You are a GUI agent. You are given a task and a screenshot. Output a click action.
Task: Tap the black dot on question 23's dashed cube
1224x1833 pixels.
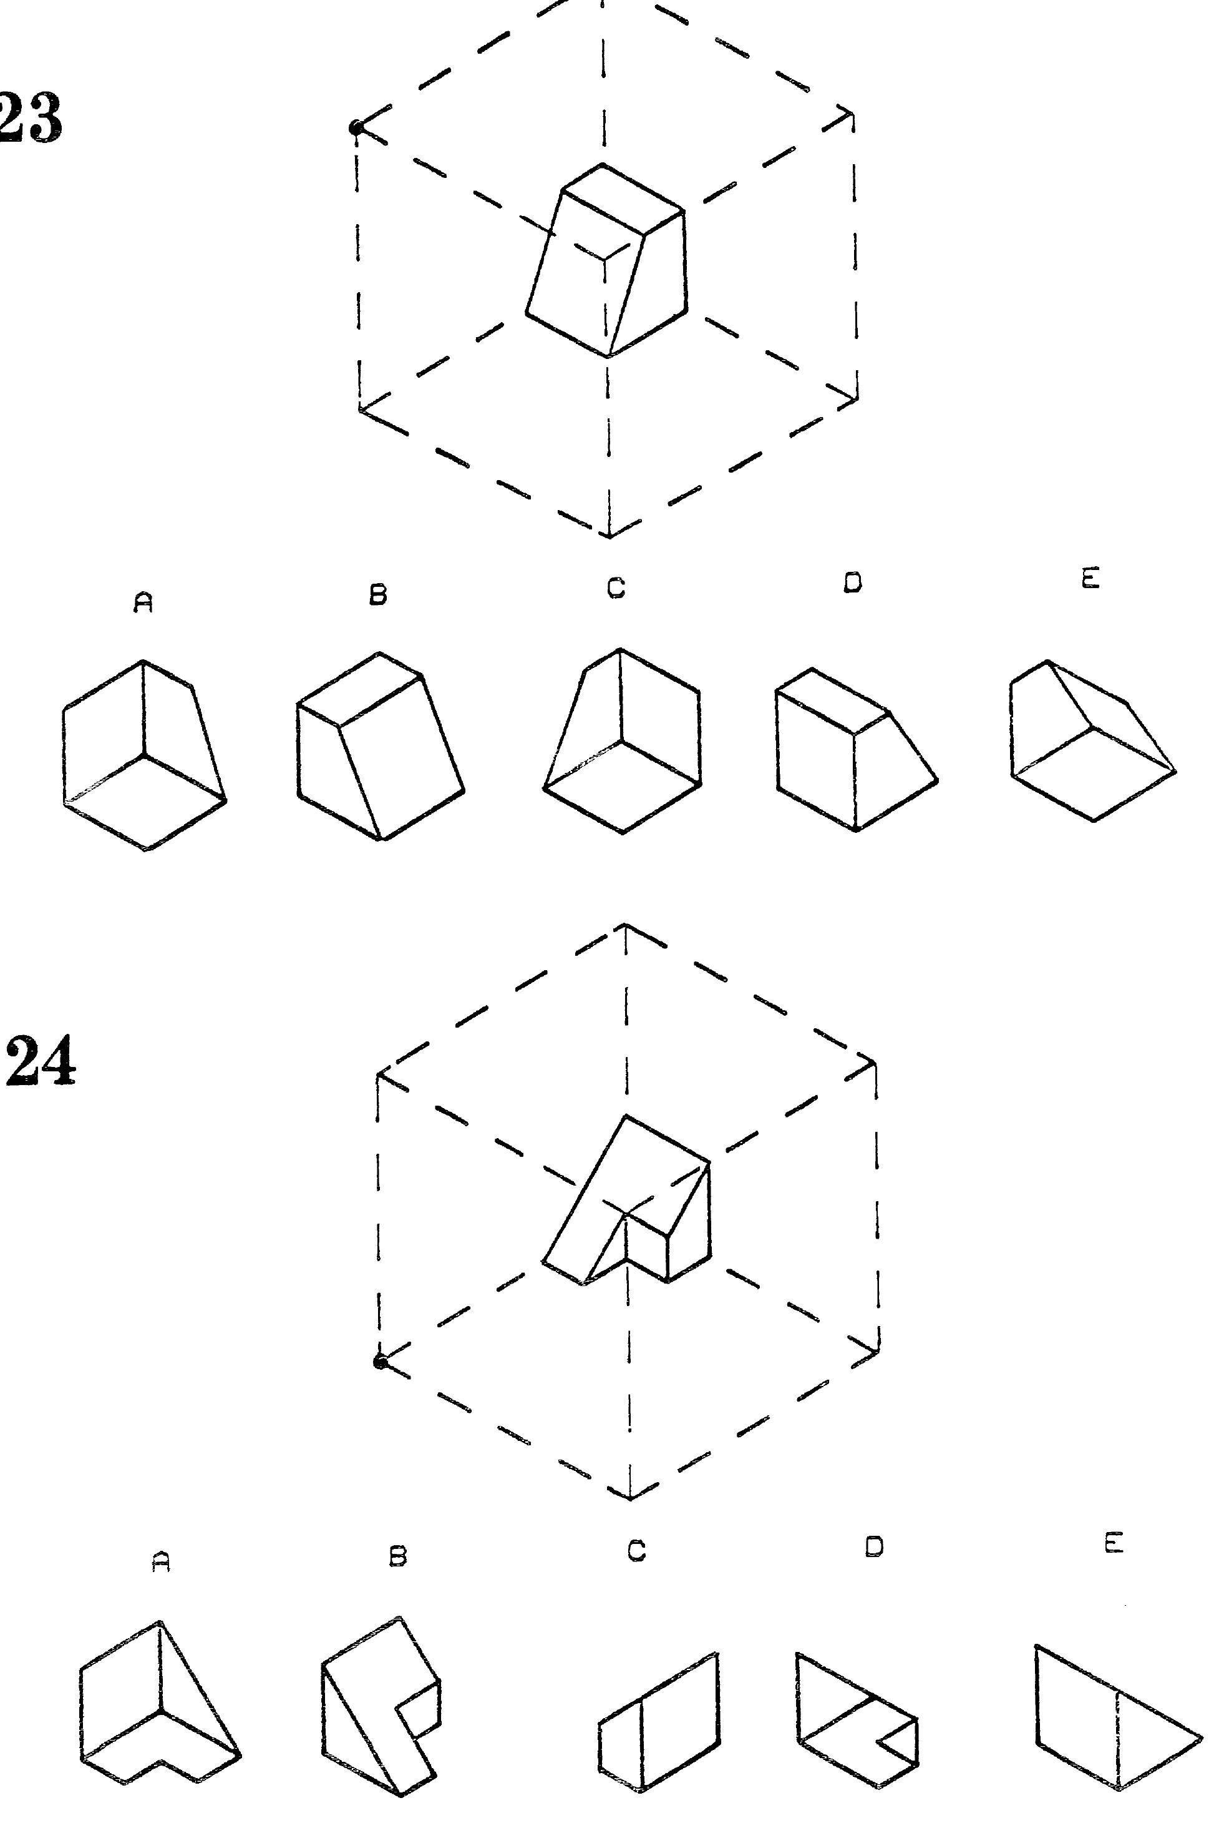click(x=356, y=127)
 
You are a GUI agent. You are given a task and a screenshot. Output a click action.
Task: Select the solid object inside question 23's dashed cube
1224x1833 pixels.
click(x=606, y=260)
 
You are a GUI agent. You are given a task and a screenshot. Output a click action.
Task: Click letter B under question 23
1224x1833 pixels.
click(x=379, y=595)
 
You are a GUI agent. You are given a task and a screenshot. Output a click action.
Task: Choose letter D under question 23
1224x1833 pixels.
click(x=853, y=582)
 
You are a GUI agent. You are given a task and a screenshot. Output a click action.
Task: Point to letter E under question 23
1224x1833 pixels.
click(x=1090, y=579)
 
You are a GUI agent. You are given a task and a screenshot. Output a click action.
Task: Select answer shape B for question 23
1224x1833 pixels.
click(x=380, y=746)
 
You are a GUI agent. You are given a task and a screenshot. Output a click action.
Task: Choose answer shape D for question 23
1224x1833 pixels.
click(x=857, y=749)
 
